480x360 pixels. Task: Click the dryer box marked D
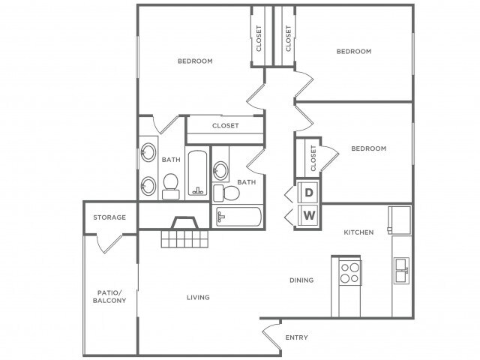click(309, 192)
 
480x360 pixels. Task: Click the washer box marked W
click(309, 216)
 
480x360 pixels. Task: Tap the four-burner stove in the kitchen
click(349, 271)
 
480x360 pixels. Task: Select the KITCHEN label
click(358, 232)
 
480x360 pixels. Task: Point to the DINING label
click(301, 280)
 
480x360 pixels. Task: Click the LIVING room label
click(198, 298)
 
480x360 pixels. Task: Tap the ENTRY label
click(296, 337)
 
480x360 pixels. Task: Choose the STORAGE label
click(109, 217)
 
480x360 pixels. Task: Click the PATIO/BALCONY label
click(110, 296)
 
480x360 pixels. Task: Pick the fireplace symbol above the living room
click(183, 223)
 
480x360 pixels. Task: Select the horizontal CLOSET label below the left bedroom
click(225, 126)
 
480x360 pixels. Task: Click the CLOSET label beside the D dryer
click(313, 158)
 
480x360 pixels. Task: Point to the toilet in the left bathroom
click(170, 184)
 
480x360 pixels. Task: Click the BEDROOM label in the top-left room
click(195, 61)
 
